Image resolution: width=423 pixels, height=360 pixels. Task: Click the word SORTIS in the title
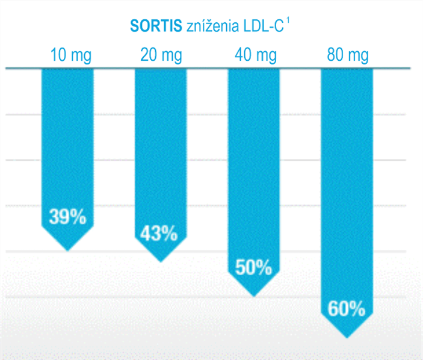150,26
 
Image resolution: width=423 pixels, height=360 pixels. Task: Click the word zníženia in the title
206,26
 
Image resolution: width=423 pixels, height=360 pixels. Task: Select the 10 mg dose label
71,57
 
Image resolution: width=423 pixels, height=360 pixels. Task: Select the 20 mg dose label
161,57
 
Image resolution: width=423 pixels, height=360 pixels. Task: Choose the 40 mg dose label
254,57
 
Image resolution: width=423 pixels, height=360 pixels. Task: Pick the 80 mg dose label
347,57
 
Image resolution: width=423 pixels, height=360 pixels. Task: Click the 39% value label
67,217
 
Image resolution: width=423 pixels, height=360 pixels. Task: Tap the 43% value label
159,234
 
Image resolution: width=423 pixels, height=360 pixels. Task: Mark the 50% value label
253,267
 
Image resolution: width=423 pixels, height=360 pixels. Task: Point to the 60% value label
347,309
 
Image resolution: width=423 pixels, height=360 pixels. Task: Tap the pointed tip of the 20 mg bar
160,261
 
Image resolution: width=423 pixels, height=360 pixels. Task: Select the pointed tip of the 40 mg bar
253,295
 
